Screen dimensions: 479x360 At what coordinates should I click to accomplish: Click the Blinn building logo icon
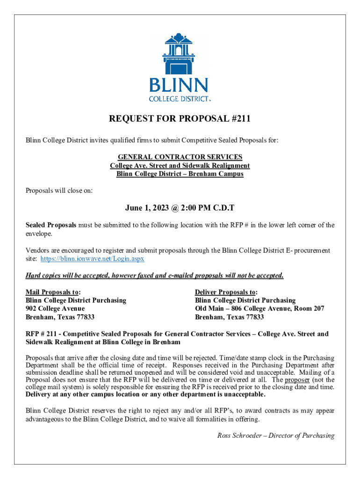click(x=180, y=53)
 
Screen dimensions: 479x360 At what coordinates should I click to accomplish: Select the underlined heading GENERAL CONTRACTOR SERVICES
click(x=180, y=157)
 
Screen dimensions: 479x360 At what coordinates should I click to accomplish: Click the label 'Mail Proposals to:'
click(x=52, y=292)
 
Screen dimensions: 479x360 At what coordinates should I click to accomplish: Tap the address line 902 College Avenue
click(x=55, y=309)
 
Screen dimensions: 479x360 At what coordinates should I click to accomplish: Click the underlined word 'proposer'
click(x=297, y=380)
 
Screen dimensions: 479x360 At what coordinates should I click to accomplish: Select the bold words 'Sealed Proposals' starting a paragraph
click(x=51, y=225)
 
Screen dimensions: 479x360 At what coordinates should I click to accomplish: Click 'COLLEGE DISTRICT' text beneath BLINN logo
click(x=178, y=99)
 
